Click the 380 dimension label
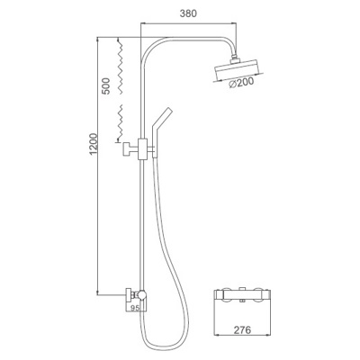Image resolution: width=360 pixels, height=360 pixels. tap(188, 13)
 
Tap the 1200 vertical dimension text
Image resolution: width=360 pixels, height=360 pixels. tap(94, 144)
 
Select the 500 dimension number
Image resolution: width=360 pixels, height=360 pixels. tap(105, 86)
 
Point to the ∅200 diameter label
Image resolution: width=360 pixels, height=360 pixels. tap(241, 83)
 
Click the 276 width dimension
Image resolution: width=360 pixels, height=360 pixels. tap(242, 330)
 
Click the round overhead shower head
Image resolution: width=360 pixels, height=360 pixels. tap(238, 71)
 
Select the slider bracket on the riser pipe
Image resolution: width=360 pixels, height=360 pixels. tap(142, 149)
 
